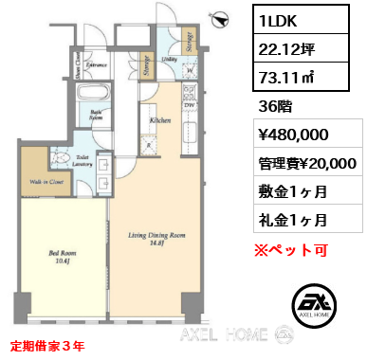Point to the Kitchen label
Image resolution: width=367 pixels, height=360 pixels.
click(x=158, y=121)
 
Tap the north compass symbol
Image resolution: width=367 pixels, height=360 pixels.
click(x=220, y=17)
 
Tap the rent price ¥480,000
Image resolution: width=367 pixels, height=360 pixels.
click(x=295, y=135)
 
